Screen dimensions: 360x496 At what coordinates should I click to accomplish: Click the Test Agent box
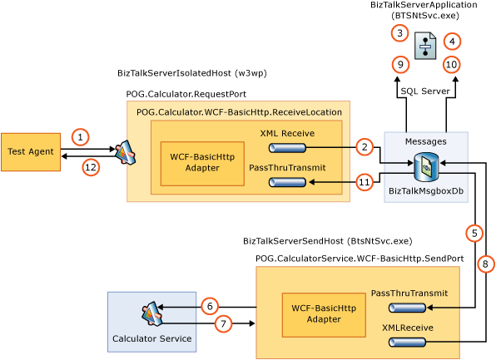click(x=31, y=152)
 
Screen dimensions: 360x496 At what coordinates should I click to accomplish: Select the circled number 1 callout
click(x=80, y=136)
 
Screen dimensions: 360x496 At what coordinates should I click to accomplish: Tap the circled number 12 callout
click(x=91, y=166)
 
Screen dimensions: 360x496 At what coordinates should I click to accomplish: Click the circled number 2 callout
click(x=363, y=147)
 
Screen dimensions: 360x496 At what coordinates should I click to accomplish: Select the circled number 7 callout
click(x=222, y=323)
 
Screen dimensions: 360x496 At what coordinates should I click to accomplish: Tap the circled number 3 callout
click(x=400, y=32)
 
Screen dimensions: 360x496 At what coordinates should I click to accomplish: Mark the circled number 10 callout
click(x=450, y=64)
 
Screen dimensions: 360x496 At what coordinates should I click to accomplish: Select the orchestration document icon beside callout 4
click(x=425, y=44)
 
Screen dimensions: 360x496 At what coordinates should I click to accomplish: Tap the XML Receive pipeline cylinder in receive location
click(x=288, y=148)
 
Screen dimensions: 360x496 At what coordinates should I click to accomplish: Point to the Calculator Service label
click(x=152, y=338)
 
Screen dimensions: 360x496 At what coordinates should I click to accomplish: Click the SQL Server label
click(x=425, y=91)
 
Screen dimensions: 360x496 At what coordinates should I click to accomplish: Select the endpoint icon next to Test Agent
click(x=125, y=151)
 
